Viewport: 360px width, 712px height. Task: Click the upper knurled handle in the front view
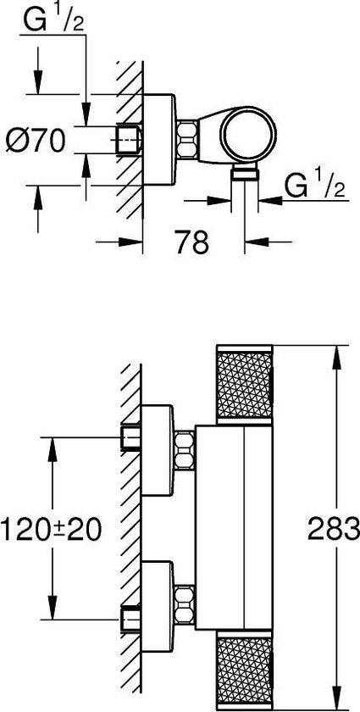pyautogui.click(x=245, y=383)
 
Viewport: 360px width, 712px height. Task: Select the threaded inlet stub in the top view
pyautogui.click(x=128, y=138)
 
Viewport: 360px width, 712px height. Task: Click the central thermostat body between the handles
pyautogui.click(x=233, y=526)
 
